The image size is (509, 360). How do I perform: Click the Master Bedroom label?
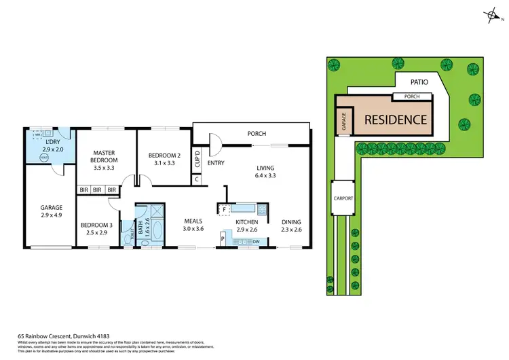105,156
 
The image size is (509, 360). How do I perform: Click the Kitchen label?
246,221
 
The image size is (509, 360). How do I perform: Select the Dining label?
290,221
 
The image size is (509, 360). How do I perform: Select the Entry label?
216,163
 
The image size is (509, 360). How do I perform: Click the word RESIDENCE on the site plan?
395,120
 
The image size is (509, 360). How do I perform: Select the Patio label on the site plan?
418,82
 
